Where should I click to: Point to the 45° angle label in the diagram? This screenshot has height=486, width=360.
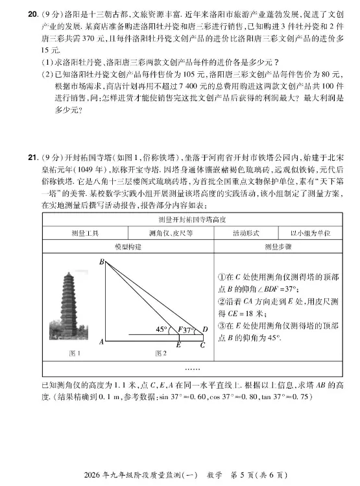pos(162,329)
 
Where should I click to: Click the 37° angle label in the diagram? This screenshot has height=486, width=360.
pos(189,330)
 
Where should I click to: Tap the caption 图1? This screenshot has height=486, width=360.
pos(75,353)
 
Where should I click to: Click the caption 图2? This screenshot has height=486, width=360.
pos(162,353)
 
